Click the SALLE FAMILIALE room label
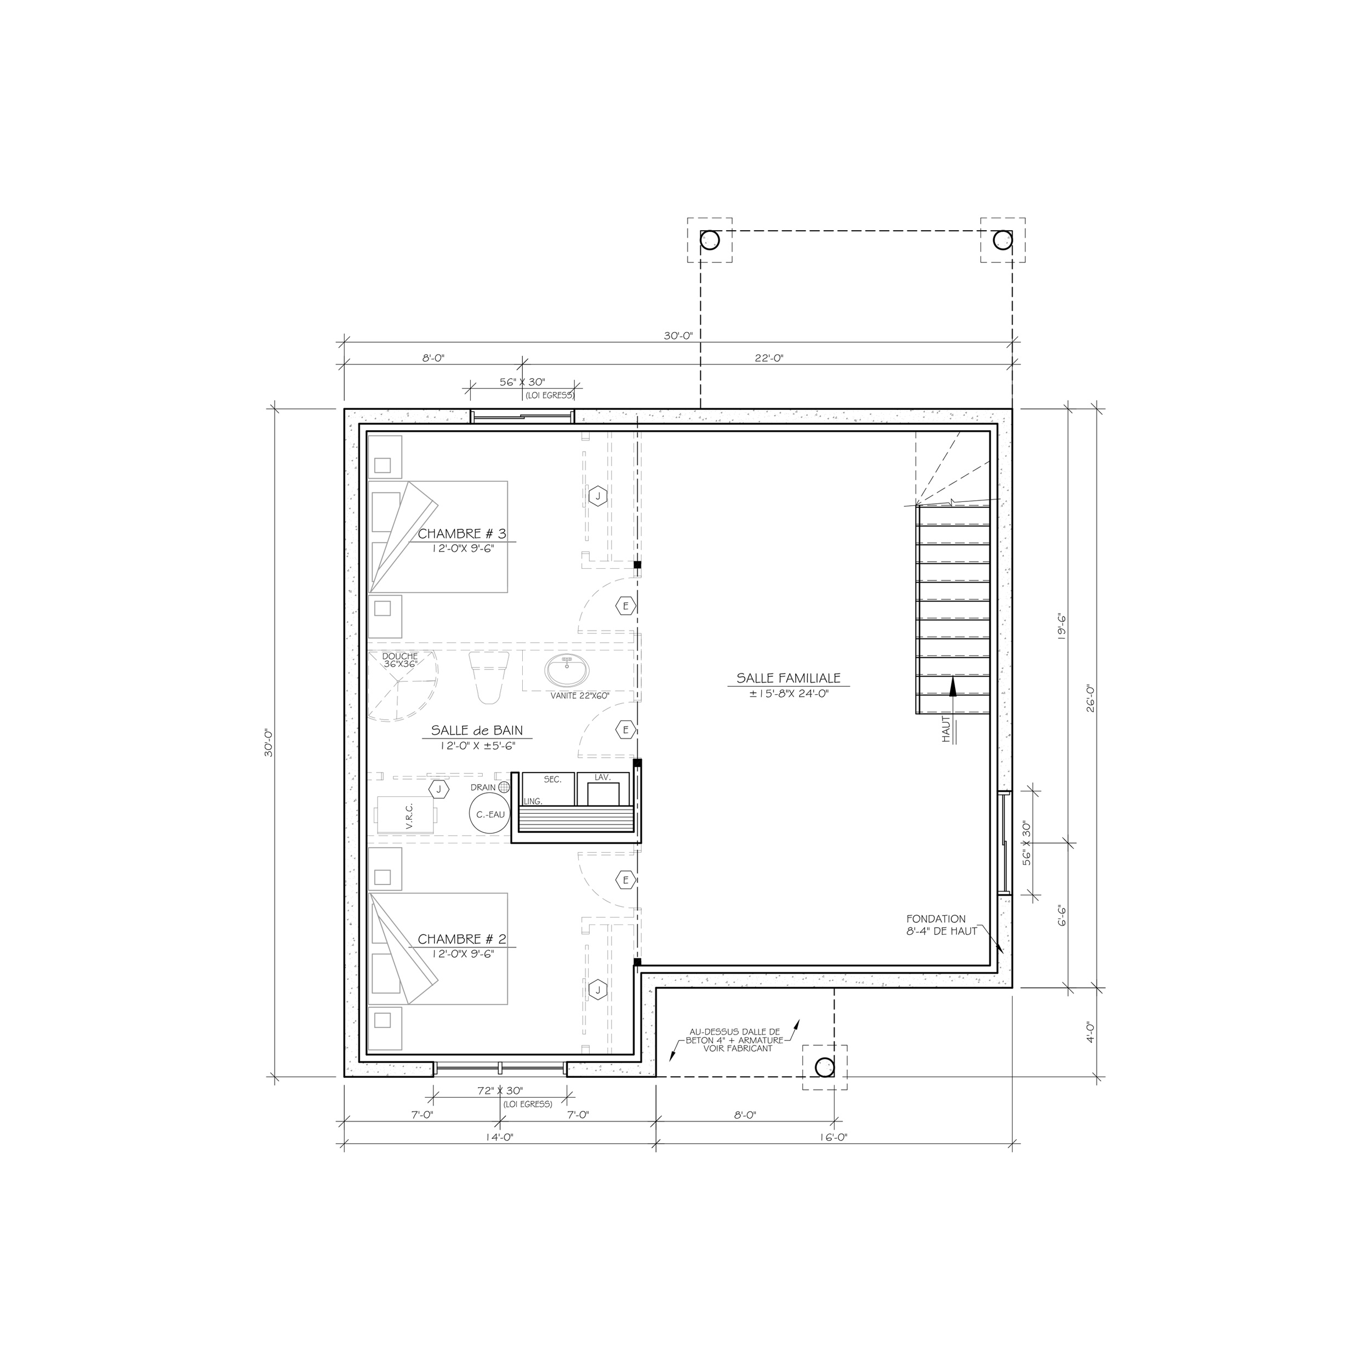pos(788,678)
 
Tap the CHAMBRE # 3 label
pos(461,534)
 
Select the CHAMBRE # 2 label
pos(461,939)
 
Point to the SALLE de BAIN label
pos(477,731)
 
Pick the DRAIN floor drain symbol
pos(504,787)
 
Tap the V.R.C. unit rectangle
pos(405,815)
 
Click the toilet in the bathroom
pos(489,677)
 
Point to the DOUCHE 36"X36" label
pos(401,660)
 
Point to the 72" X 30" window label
pos(499,1091)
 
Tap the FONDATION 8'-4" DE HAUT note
pos(941,926)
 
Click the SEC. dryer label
pos(552,779)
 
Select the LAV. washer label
pos(603,778)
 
